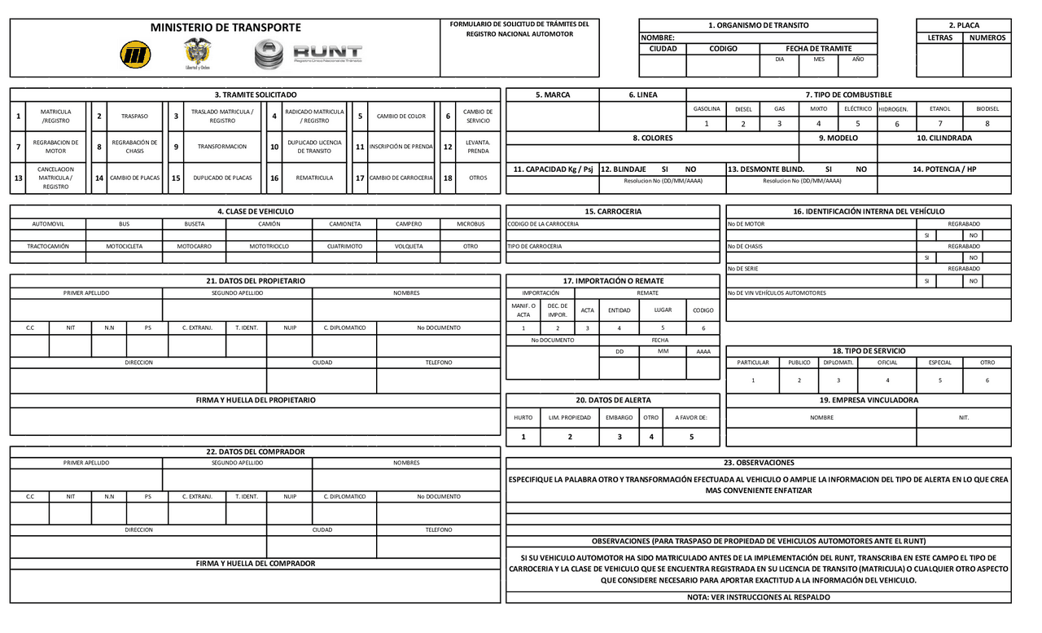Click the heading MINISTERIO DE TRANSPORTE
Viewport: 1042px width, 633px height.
225,28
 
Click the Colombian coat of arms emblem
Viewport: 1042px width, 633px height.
197,54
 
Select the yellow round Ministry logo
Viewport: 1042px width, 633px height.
135,55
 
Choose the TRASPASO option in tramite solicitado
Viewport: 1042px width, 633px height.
134,116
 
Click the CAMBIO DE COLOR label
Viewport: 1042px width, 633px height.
401,116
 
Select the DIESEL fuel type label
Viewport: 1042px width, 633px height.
743,108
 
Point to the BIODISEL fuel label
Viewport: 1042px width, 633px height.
987,108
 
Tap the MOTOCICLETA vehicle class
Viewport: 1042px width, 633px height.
124,245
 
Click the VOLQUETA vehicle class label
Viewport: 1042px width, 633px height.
409,245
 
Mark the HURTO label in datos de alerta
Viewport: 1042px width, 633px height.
523,417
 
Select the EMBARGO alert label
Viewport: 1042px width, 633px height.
619,417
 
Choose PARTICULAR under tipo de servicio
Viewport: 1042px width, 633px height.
753,363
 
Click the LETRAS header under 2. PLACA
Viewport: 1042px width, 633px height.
939,37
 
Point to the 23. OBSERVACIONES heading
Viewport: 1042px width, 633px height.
758,463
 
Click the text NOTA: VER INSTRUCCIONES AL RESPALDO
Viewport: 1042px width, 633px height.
758,597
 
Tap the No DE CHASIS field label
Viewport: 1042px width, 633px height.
745,246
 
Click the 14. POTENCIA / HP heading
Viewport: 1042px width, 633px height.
943,169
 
